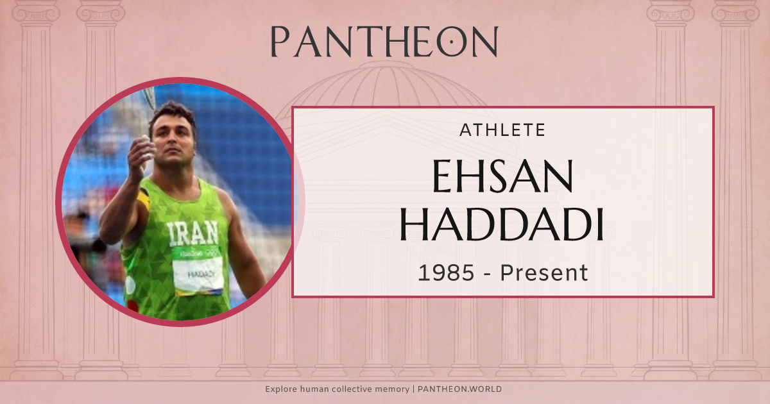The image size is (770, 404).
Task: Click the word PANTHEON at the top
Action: point(384,42)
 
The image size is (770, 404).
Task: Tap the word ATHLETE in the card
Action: point(502,131)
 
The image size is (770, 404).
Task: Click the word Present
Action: point(544,273)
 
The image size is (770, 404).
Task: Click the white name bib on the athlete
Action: point(198,273)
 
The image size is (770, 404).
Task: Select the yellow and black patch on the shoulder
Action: point(144,198)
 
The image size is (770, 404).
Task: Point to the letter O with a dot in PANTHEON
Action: point(452,42)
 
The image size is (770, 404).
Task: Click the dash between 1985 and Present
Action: point(486,274)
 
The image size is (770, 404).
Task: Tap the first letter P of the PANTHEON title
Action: point(280,42)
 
